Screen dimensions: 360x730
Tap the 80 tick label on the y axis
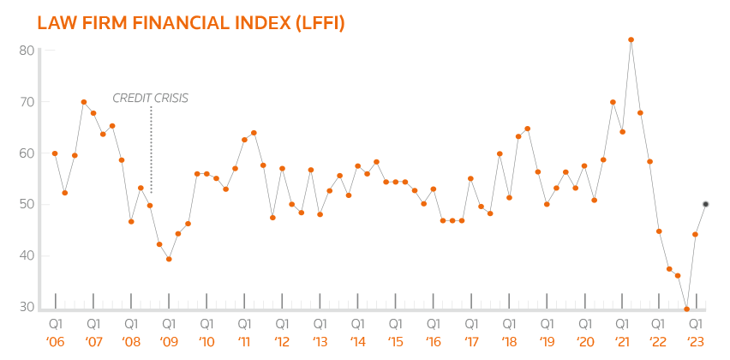click(x=26, y=51)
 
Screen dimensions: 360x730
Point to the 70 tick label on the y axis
click(x=26, y=102)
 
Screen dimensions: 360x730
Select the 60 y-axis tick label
click(x=26, y=153)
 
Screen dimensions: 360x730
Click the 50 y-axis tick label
click(x=26, y=205)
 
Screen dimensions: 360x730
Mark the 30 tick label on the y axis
click(x=26, y=307)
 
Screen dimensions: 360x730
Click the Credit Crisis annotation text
click(x=151, y=98)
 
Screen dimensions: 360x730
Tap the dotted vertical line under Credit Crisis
click(x=151, y=150)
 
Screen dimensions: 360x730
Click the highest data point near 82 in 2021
click(x=631, y=39)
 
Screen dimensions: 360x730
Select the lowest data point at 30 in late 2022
click(x=687, y=309)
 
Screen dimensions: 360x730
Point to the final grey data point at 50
click(x=705, y=204)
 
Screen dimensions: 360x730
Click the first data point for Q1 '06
click(x=55, y=153)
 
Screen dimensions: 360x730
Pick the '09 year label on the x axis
click(x=169, y=341)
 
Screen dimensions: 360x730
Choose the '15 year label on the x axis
click(x=395, y=341)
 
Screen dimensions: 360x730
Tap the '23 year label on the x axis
click(x=697, y=341)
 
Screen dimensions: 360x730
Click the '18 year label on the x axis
click(x=508, y=341)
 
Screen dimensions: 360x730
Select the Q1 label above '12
click(x=282, y=324)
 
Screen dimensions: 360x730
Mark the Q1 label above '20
click(x=583, y=324)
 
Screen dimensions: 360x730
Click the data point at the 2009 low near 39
click(x=169, y=259)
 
